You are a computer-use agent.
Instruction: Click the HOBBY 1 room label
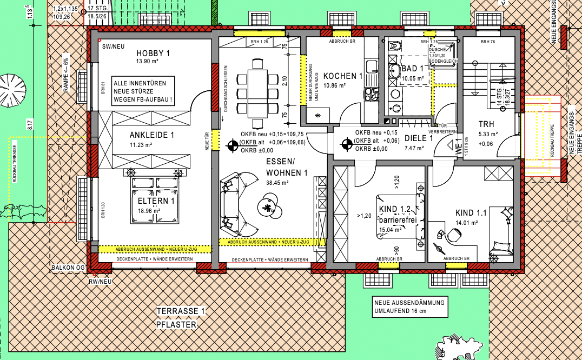click(x=153, y=53)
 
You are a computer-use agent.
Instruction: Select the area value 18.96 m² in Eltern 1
click(x=155, y=210)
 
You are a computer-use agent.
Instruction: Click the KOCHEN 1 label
click(x=342, y=76)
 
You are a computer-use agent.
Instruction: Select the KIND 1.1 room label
click(x=471, y=213)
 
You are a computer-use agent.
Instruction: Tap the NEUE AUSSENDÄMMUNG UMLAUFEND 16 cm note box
click(x=409, y=307)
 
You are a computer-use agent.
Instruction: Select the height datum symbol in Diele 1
click(x=347, y=144)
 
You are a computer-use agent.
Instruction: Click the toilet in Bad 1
click(x=394, y=47)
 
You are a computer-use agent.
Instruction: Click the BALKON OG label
click(x=68, y=268)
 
